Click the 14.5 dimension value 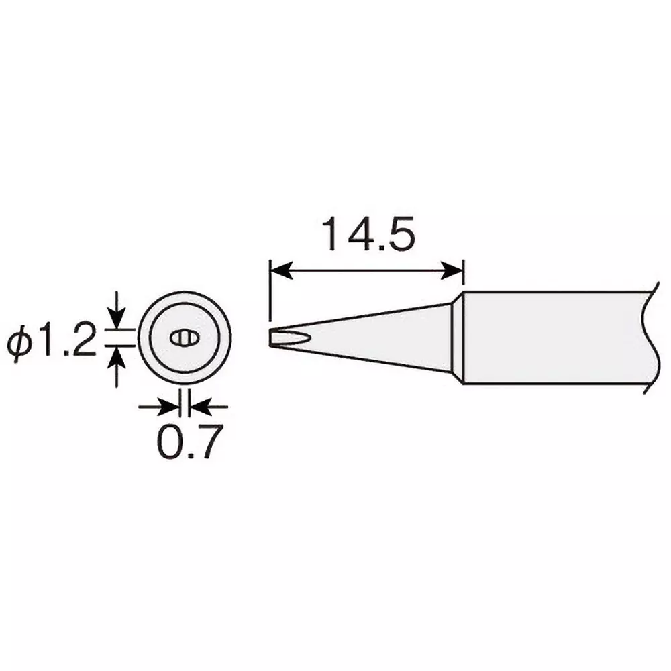(x=366, y=235)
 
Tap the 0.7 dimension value (x=189, y=441)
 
